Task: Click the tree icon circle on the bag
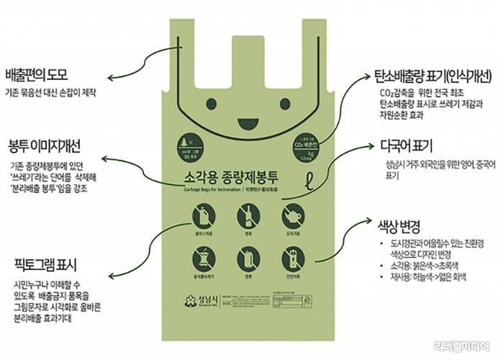click(188, 145)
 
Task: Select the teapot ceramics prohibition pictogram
click(291, 215)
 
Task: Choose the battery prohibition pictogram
click(291, 260)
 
